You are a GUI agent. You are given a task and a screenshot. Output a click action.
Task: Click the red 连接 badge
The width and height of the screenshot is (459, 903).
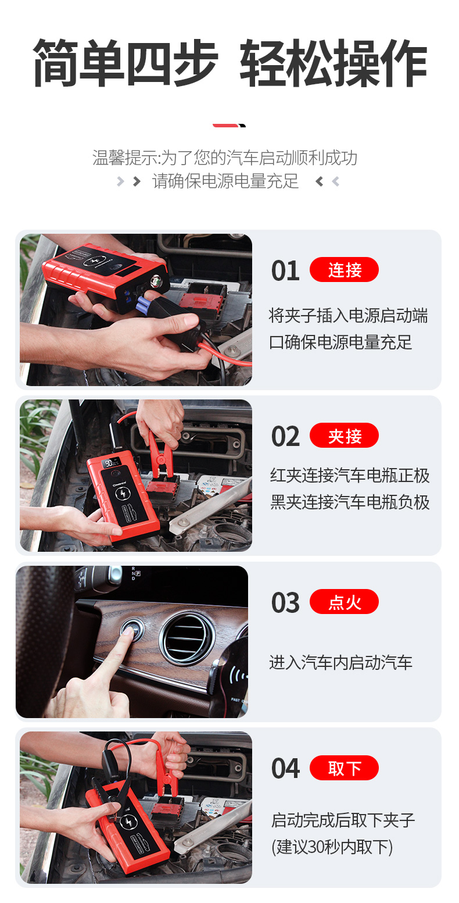click(x=344, y=269)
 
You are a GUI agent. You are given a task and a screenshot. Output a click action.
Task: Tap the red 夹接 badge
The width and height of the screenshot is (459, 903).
click(x=344, y=436)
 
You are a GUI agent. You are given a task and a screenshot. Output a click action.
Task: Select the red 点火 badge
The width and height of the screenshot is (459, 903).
click(x=344, y=601)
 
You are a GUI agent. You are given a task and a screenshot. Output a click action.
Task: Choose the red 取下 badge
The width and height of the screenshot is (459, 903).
click(x=344, y=768)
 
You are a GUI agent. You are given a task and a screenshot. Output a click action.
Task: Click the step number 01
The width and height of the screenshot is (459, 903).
click(x=285, y=270)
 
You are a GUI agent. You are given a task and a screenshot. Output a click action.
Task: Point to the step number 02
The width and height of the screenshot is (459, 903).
click(x=285, y=437)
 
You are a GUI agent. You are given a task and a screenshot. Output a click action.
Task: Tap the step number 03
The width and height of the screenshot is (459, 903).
click(x=285, y=602)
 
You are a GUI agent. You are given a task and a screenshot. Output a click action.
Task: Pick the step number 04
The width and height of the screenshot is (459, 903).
click(x=285, y=768)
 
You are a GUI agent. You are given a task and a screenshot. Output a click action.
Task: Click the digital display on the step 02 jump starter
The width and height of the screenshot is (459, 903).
click(x=112, y=462)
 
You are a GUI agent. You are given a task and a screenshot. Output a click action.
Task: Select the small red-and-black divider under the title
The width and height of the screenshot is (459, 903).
click(x=229, y=126)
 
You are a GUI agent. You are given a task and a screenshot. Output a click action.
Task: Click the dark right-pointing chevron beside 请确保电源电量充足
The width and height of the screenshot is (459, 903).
click(x=137, y=181)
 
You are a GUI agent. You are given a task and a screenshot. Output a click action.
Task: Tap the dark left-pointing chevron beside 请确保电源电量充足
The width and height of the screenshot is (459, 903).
click(x=319, y=181)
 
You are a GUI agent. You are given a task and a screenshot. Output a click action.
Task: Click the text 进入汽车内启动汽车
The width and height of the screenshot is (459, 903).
click(x=340, y=662)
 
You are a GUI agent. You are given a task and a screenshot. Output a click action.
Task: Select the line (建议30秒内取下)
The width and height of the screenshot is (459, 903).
click(x=332, y=847)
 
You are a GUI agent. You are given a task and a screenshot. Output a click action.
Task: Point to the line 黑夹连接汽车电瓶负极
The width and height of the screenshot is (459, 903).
click(x=350, y=502)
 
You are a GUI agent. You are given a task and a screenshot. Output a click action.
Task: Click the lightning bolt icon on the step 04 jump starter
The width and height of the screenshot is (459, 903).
click(x=128, y=822)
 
